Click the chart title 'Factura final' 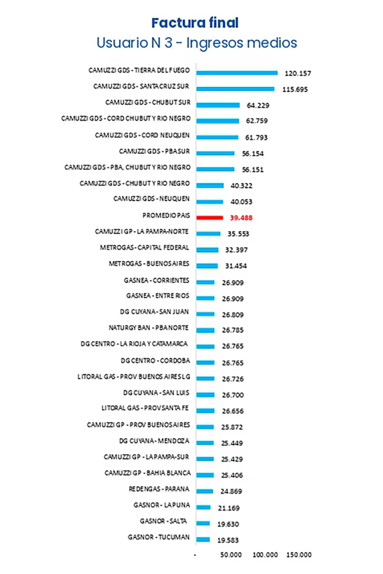(x=195, y=22)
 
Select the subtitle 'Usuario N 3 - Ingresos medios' (x=196, y=43)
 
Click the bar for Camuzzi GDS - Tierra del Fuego (x=237, y=73)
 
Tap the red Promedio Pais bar (x=210, y=217)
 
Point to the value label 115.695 (x=295, y=89)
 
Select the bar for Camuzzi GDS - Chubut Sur (x=218, y=105)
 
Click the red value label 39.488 (x=241, y=218)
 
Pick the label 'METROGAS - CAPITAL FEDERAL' (x=145, y=248)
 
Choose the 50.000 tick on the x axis (x=231, y=555)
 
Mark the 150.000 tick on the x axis (x=299, y=555)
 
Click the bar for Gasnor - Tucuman (x=203, y=539)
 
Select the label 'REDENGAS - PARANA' (x=159, y=489)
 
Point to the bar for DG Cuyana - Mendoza (x=205, y=442)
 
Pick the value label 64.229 (x=255, y=106)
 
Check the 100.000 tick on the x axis (x=265, y=555)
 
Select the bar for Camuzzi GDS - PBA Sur (x=215, y=153)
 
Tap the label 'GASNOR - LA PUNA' (x=162, y=505)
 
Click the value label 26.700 (x=233, y=396)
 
